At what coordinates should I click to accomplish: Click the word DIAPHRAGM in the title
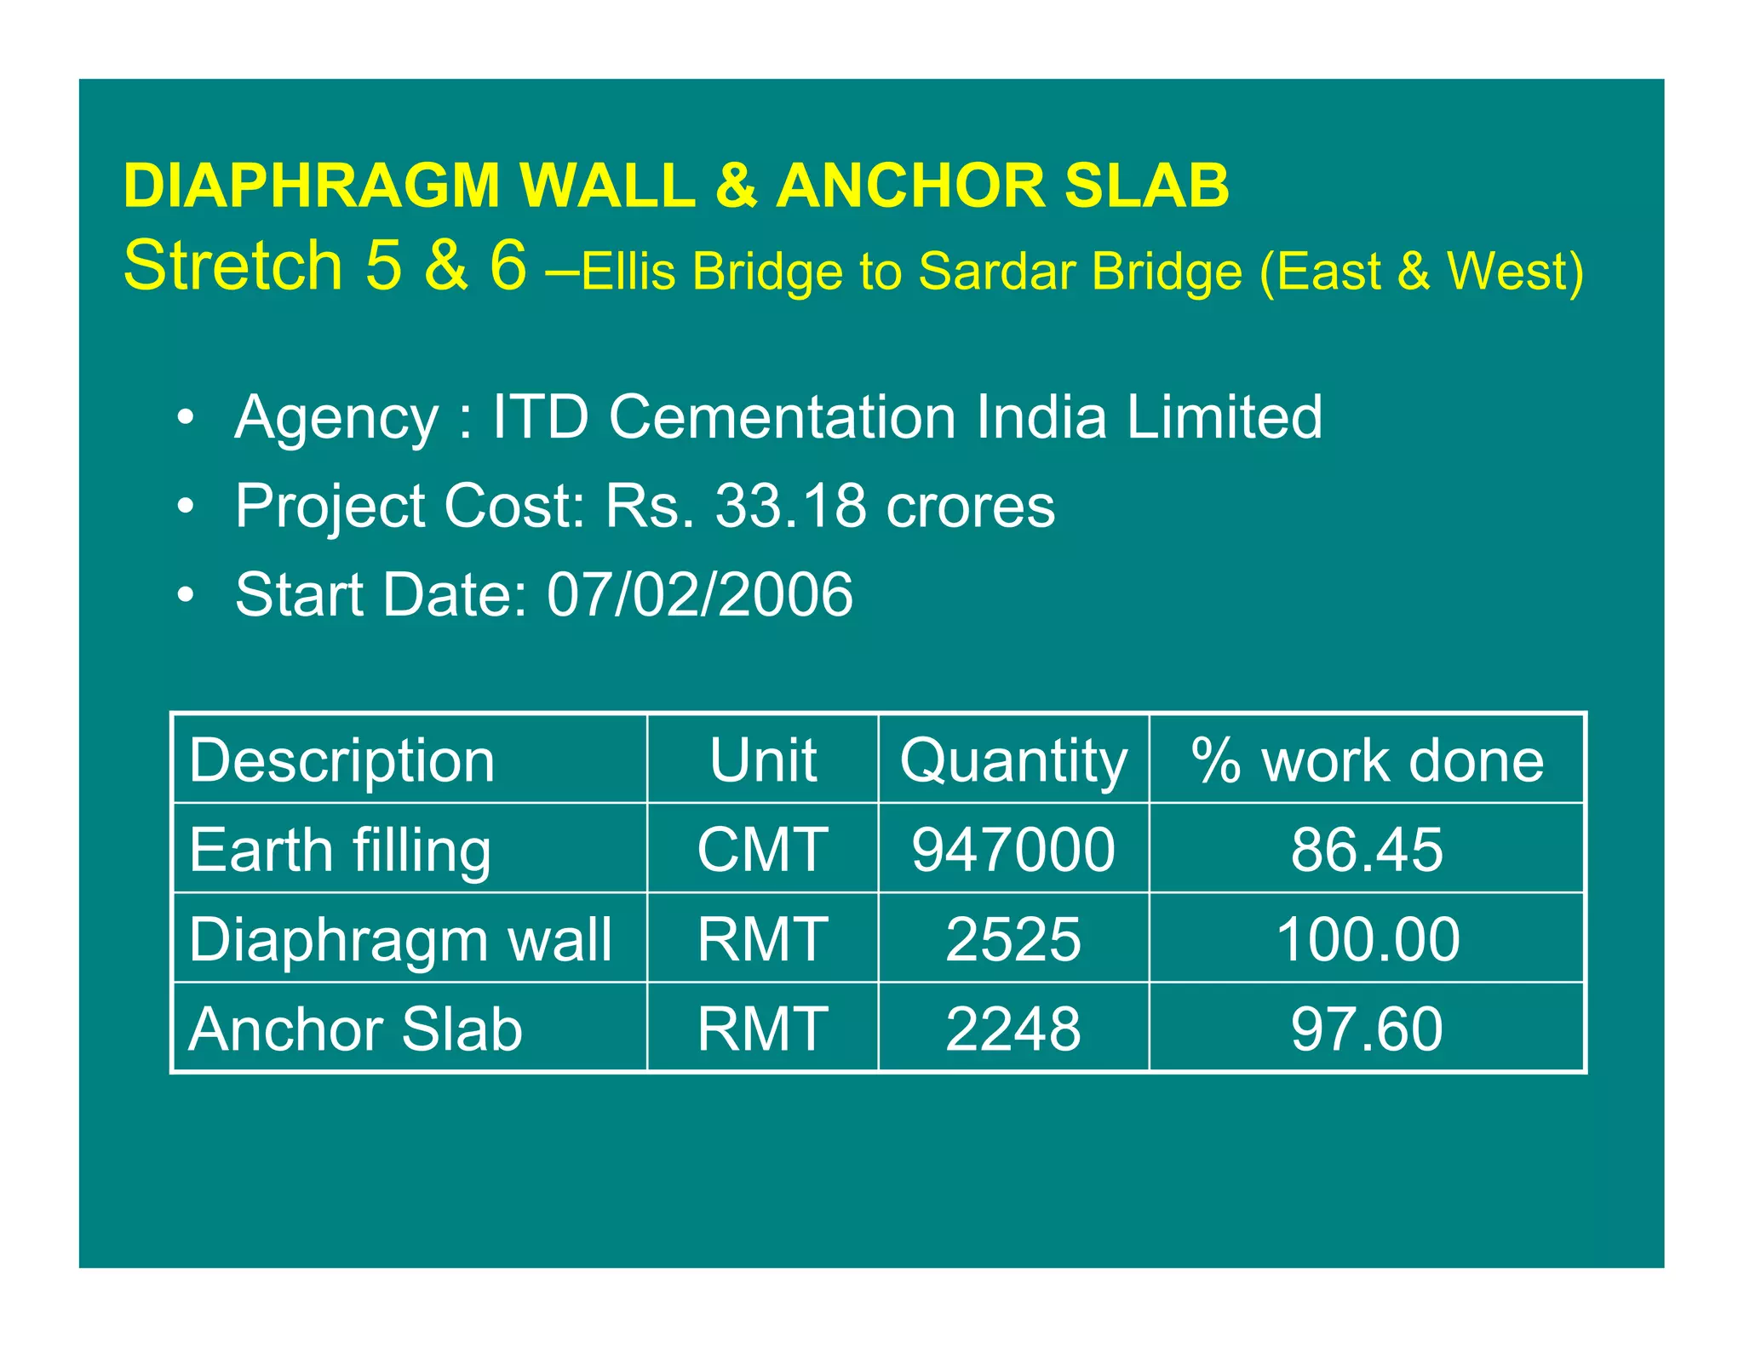[x=311, y=186]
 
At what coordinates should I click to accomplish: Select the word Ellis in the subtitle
[x=628, y=272]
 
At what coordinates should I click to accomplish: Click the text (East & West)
[x=1420, y=272]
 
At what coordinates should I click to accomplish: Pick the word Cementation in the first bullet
[x=783, y=417]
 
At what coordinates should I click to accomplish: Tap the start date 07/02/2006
[x=699, y=594]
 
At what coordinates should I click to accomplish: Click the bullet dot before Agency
[x=186, y=418]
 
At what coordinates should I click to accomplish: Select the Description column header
[x=341, y=759]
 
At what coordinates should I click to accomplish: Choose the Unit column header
[x=762, y=759]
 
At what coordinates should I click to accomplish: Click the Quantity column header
[x=1013, y=759]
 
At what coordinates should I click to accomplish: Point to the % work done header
[x=1367, y=759]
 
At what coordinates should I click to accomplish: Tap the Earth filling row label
[x=340, y=850]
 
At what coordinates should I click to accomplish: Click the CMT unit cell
[x=762, y=850]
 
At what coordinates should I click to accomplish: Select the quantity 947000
[x=1013, y=850]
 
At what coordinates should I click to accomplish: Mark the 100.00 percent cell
[x=1367, y=939]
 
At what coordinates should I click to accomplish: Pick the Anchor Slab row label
[x=355, y=1029]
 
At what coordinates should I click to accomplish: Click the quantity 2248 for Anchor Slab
[x=1013, y=1029]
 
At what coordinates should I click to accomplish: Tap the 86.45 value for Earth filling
[x=1367, y=850]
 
